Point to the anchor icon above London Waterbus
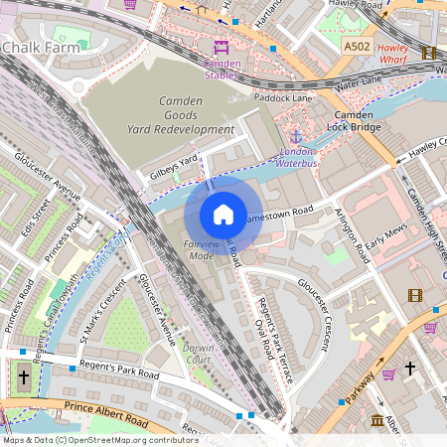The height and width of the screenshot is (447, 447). [295, 135]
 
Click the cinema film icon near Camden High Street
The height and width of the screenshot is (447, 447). [414, 295]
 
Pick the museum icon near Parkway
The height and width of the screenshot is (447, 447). [377, 421]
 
